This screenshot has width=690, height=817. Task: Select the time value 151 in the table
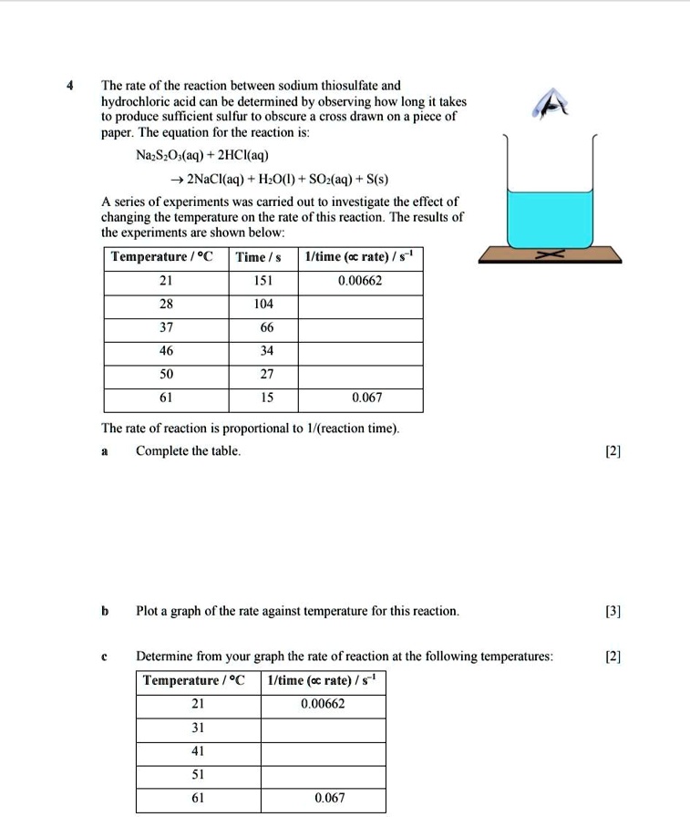pos(263,281)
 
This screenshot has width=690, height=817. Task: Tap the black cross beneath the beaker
pos(549,258)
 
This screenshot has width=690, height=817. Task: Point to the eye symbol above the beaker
pos(551,105)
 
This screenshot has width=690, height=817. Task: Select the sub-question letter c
pos(105,656)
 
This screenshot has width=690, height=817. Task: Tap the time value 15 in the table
pos(263,398)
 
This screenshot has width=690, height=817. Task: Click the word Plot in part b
pos(148,611)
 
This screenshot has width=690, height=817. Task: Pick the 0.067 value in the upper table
pos(366,398)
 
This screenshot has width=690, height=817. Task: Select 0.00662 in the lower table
pos(323,704)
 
